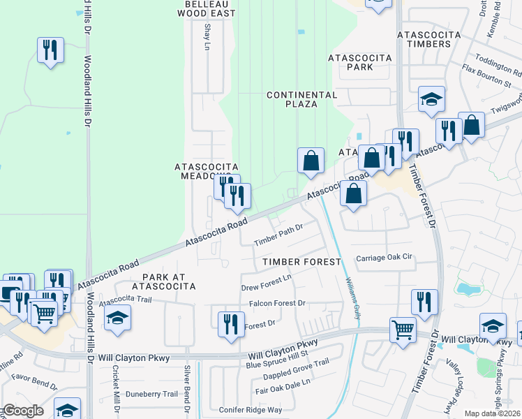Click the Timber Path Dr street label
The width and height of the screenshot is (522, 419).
tap(278, 234)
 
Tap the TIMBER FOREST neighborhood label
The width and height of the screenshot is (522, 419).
tap(301, 262)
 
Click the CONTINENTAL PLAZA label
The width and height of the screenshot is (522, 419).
tap(301, 99)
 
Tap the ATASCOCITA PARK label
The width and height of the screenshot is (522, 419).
tap(359, 62)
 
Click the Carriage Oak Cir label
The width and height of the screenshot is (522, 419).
tap(385, 258)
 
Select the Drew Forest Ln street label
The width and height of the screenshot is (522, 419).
tap(266, 285)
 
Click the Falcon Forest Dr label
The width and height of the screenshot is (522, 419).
tap(278, 303)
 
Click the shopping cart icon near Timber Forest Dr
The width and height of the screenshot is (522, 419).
tap(403, 329)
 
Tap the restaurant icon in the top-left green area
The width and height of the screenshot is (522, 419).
tap(50, 50)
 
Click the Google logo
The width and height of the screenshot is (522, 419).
tap(22, 411)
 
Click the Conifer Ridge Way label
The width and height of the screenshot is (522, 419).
tap(251, 410)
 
